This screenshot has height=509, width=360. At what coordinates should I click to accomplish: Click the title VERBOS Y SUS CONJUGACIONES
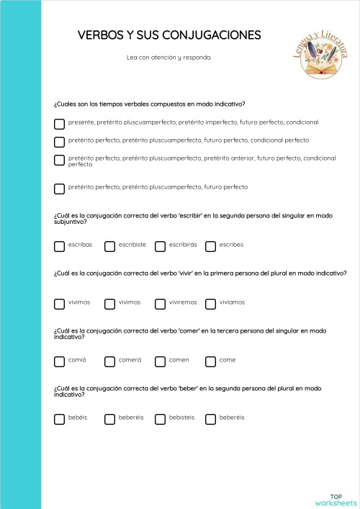click(168, 35)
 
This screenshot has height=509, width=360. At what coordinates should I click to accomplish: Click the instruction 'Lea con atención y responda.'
click(168, 57)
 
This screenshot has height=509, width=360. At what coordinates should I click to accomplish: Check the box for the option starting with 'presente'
click(59, 123)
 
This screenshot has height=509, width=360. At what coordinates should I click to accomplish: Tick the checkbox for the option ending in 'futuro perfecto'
click(59, 189)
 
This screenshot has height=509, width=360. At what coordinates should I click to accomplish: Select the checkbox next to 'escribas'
click(59, 246)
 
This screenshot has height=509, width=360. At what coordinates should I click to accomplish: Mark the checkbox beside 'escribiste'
click(109, 246)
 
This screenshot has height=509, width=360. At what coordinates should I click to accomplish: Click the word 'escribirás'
click(183, 245)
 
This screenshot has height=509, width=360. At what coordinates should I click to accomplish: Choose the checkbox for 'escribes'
click(210, 246)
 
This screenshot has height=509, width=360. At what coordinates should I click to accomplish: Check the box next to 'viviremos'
click(160, 304)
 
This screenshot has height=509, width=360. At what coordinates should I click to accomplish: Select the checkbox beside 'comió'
click(59, 361)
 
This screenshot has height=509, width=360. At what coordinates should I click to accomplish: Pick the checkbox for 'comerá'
click(109, 361)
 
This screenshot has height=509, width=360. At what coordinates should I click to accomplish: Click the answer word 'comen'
click(179, 360)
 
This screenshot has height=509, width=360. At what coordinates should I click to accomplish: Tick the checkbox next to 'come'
click(210, 361)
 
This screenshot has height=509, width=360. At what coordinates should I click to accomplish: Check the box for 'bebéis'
click(59, 419)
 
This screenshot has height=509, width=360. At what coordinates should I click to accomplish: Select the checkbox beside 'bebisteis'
click(160, 419)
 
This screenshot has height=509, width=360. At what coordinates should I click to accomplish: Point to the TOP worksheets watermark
click(336, 500)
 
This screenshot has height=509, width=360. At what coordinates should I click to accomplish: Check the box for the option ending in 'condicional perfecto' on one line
click(59, 141)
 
